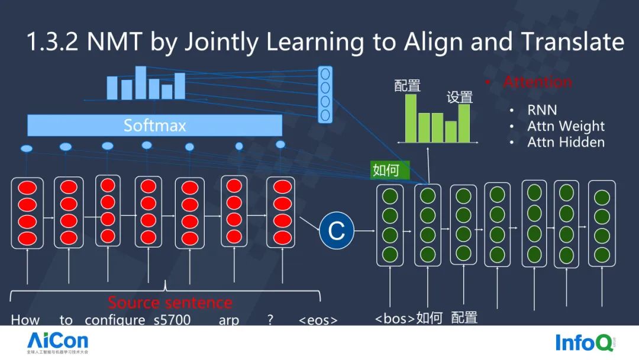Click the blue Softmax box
154,125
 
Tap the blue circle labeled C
336,230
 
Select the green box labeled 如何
385,170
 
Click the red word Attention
537,82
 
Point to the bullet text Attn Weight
566,126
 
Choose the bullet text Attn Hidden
566,142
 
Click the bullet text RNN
542,110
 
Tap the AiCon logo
57,342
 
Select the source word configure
115,320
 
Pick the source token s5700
169,320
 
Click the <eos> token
318,320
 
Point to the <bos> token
395,318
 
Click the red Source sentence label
170,303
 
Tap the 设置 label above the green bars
460,97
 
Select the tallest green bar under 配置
411,118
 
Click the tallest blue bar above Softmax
140,82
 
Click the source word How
25,320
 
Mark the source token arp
228,320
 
